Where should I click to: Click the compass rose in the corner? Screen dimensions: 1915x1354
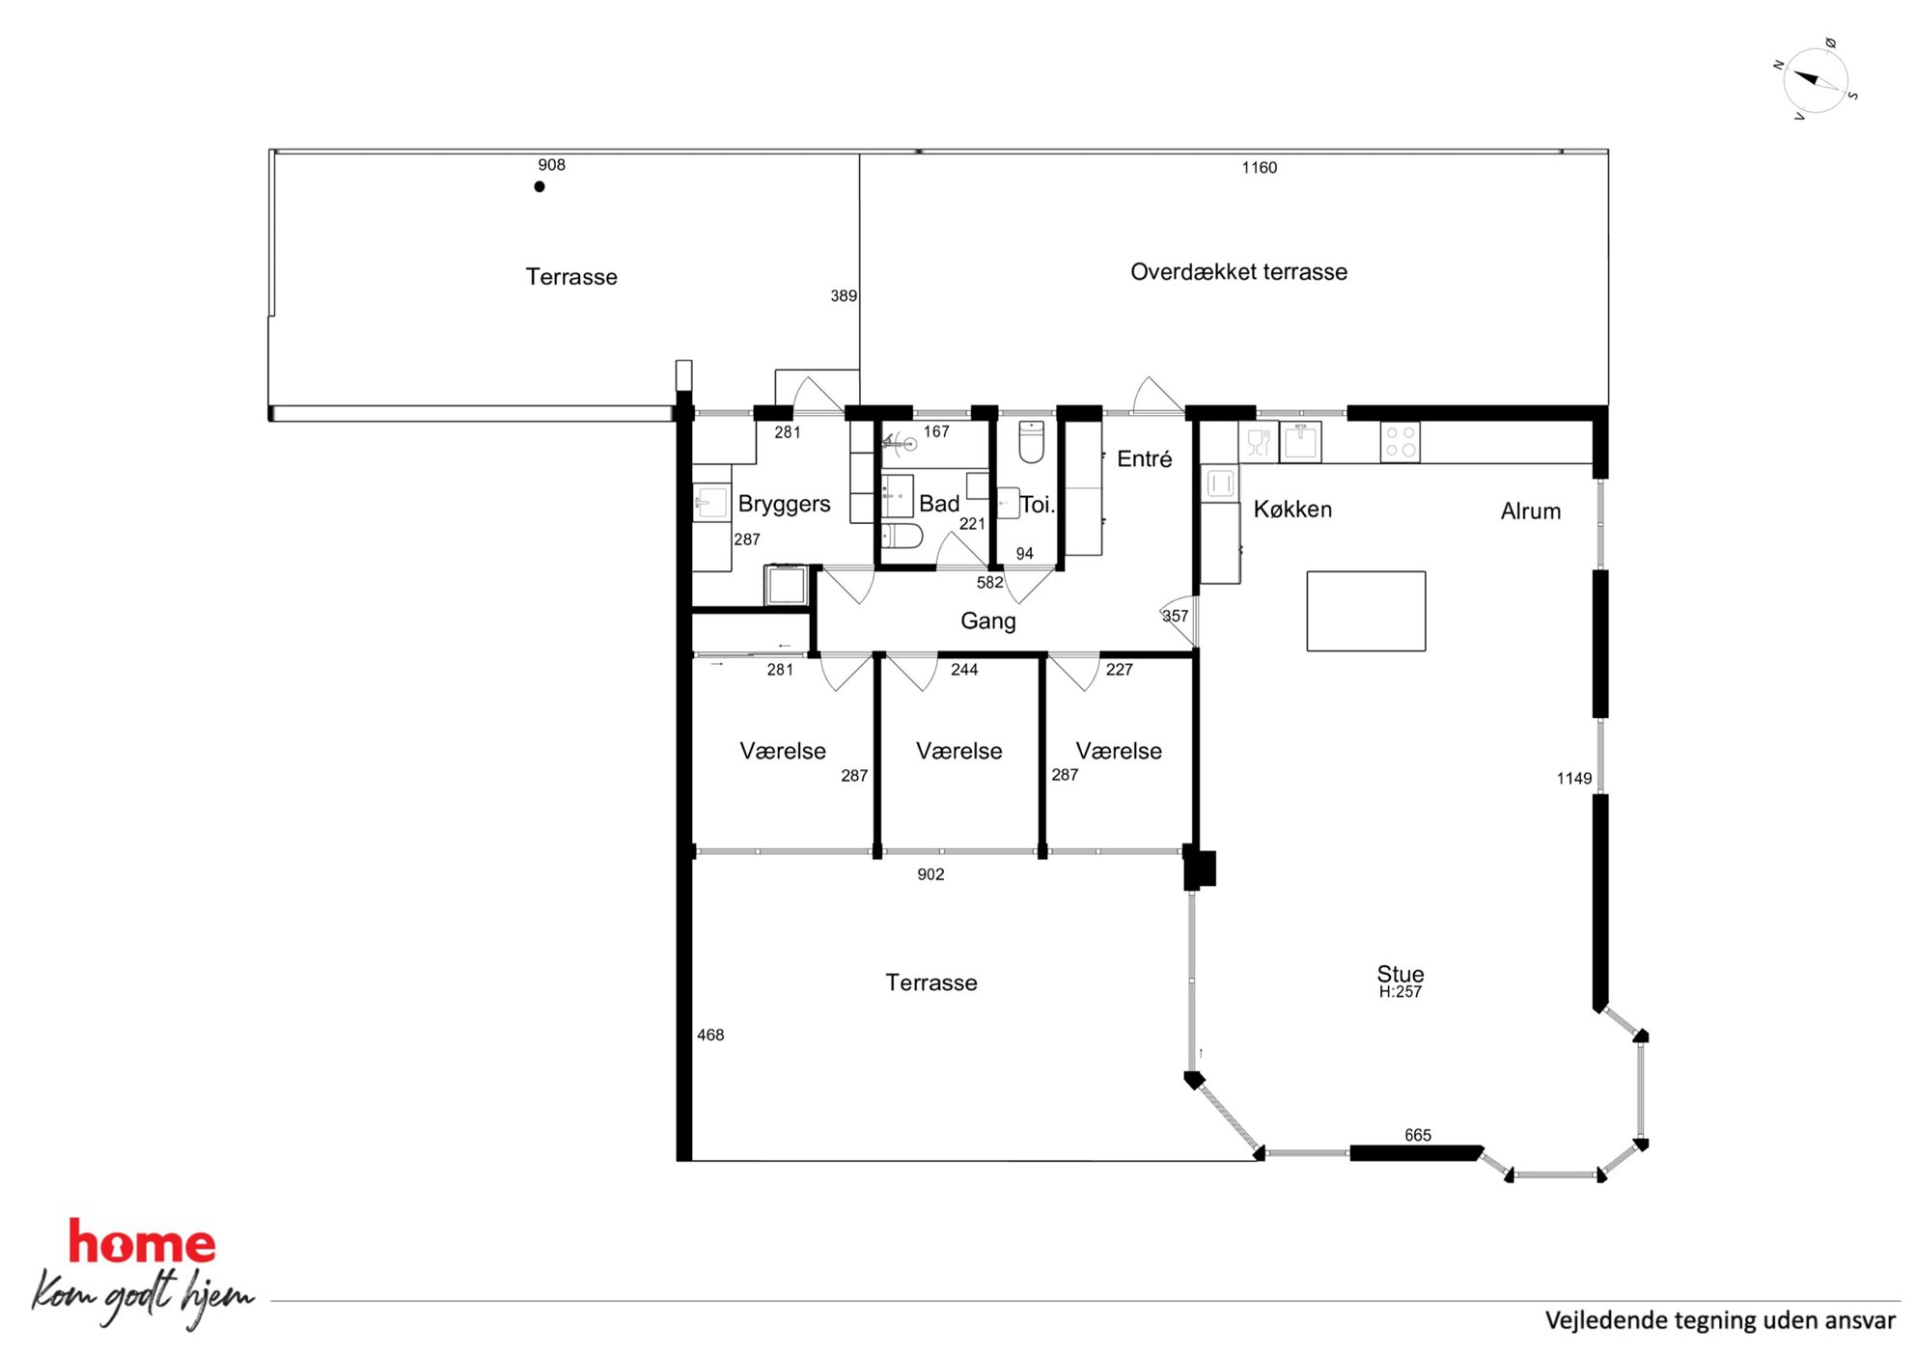[x=1815, y=80]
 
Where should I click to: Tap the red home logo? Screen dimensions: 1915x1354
[x=142, y=1242]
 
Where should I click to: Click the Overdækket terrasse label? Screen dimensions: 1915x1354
[x=1238, y=272]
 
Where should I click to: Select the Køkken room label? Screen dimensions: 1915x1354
[x=1292, y=510]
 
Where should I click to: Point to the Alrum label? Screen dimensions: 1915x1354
[x=1530, y=511]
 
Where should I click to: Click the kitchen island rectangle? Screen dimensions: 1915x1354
[x=1366, y=611]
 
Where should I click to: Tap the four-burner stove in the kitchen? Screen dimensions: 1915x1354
[x=1400, y=442]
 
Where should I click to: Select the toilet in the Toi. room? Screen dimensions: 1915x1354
[x=1031, y=442]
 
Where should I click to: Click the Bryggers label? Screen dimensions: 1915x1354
[x=784, y=505]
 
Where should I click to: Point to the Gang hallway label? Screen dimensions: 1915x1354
[x=987, y=622]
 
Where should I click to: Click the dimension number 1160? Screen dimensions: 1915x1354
[x=1259, y=168]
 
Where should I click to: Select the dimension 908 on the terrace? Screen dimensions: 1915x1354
[x=551, y=165]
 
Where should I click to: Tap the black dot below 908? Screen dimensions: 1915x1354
[x=540, y=187]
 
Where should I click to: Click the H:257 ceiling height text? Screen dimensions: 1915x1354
[x=1400, y=992]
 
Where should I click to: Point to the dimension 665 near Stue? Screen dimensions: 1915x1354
[x=1418, y=1136]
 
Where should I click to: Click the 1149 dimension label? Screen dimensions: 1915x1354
[x=1573, y=779]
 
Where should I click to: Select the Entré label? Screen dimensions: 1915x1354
[x=1144, y=459]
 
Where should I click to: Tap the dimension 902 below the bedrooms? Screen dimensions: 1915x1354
[x=930, y=875]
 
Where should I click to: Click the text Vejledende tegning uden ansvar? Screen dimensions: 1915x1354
[x=1720, y=1320]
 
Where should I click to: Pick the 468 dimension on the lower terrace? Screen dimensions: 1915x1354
[x=710, y=1036]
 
